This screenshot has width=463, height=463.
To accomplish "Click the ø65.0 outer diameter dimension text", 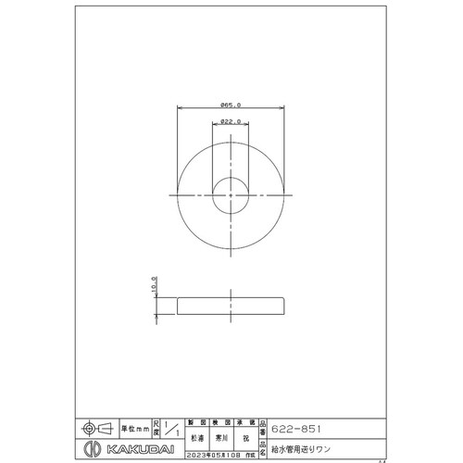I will [x=231, y=106].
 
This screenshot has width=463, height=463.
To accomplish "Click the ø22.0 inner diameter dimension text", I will [x=231, y=121].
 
